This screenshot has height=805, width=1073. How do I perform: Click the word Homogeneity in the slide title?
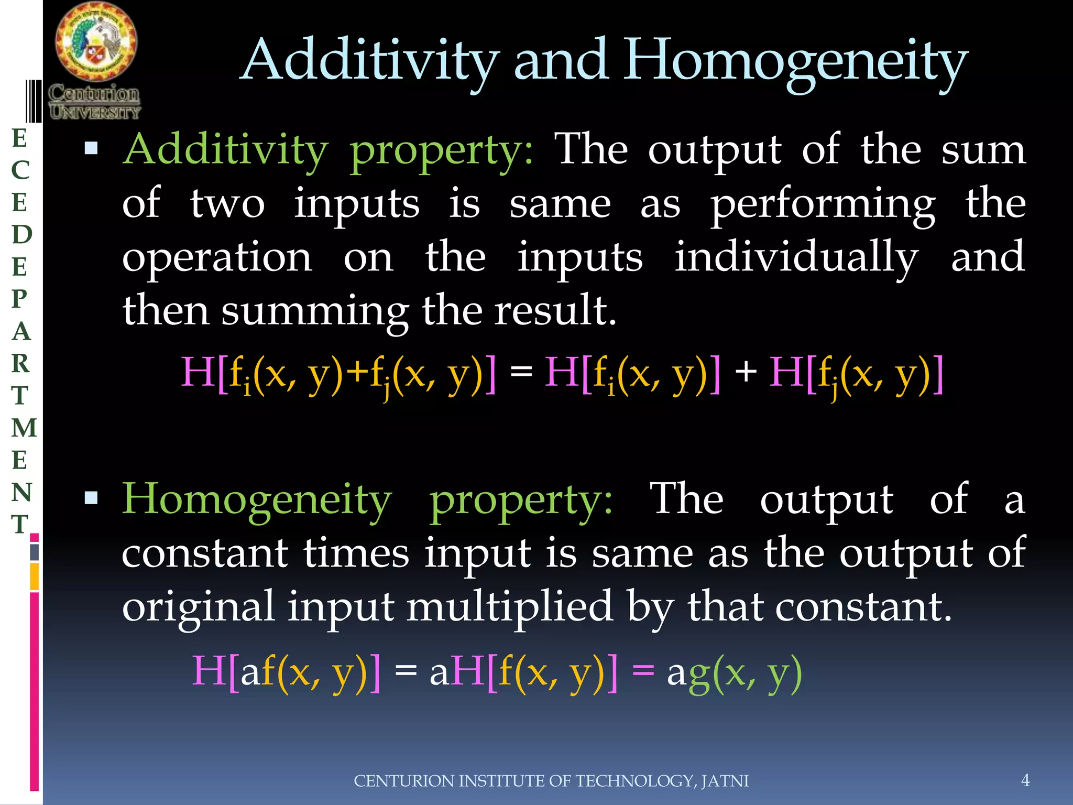(796, 62)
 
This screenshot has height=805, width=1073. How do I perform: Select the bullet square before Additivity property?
(91, 148)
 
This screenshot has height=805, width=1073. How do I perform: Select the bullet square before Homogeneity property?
(91, 497)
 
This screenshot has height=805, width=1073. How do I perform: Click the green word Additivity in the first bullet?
(225, 150)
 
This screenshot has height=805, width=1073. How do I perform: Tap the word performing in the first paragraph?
(823, 204)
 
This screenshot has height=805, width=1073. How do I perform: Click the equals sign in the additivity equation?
(521, 372)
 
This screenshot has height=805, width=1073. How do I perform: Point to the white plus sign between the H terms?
(746, 372)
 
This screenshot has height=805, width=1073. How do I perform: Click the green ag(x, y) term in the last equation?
(744, 672)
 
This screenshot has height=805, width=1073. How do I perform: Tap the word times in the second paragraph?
(356, 553)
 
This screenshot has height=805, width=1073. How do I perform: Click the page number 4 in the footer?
(1025, 780)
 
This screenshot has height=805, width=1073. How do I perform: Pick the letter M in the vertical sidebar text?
(24, 428)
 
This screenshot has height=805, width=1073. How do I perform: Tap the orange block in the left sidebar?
(35, 576)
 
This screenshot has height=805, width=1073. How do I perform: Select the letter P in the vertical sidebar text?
(20, 299)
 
